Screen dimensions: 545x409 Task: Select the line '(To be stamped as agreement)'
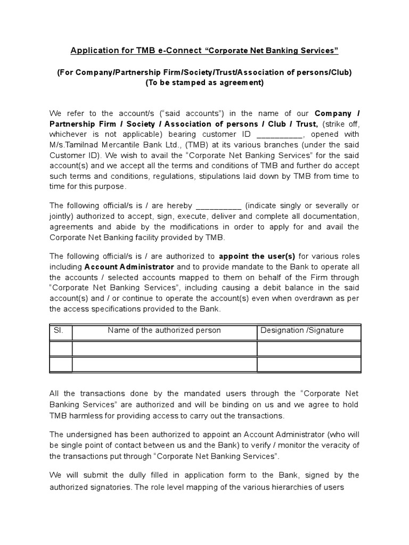pos(204,82)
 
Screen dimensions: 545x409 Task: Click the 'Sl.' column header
pos(59,331)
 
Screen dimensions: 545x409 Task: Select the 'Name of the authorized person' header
pos(164,331)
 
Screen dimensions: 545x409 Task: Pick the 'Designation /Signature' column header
pos(301,331)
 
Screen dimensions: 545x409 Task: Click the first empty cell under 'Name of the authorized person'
pos(164,348)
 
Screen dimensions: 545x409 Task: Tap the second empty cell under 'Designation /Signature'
pos(308,365)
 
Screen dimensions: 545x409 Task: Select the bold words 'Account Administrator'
pos(129,266)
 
